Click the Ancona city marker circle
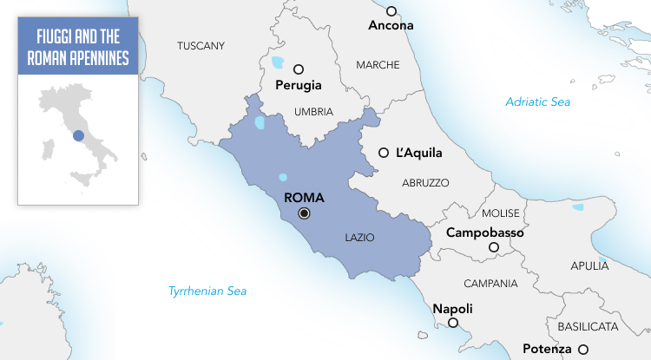[391, 11]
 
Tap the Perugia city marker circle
[299, 69]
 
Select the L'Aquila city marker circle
[384, 153]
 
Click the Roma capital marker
[304, 213]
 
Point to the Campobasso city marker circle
[493, 248]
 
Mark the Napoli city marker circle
[452, 323]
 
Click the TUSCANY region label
[201, 46]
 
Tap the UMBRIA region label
[313, 112]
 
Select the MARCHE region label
[378, 65]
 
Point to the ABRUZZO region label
[425, 183]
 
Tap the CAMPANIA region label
[490, 284]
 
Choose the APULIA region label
[590, 267]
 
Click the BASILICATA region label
[588, 327]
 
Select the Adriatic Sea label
[538, 102]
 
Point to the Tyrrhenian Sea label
[207, 291]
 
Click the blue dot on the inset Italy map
[78, 134]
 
